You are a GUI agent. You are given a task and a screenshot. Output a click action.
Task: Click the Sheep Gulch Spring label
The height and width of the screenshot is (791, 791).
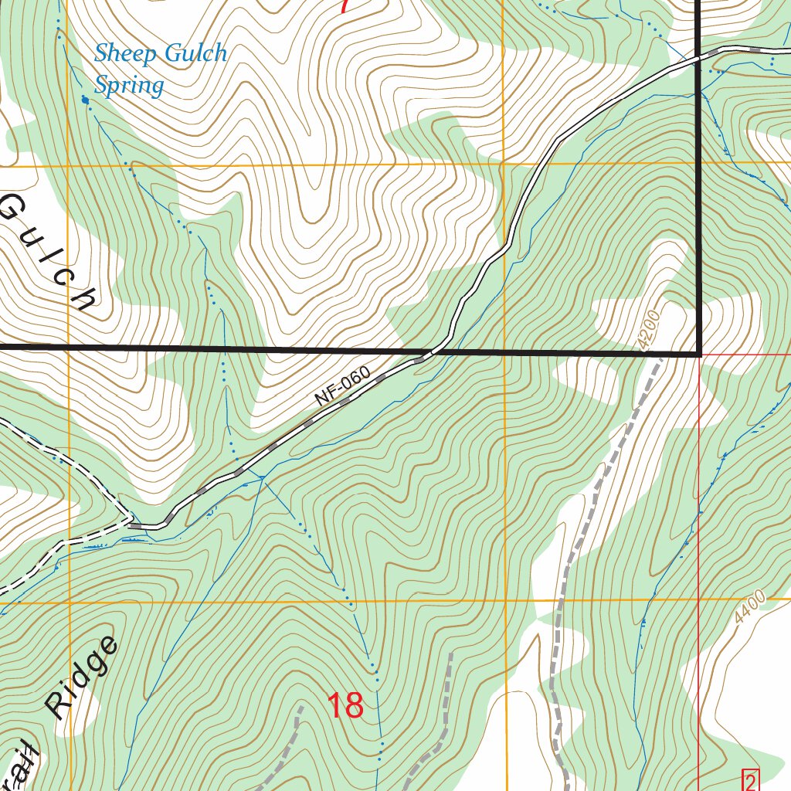(x=160, y=68)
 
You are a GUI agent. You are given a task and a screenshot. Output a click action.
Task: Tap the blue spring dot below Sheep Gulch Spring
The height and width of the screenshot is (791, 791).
(x=85, y=99)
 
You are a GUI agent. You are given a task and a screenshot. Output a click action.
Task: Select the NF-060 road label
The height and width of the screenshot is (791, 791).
(x=344, y=388)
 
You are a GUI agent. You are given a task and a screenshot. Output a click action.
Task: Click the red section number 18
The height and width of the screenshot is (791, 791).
(x=345, y=705)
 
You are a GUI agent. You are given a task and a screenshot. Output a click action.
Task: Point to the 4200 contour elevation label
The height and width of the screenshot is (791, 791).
(x=650, y=331)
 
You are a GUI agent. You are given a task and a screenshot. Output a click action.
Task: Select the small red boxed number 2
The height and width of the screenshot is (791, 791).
(x=750, y=779)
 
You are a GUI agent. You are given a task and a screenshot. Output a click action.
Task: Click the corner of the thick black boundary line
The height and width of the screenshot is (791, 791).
(x=699, y=355)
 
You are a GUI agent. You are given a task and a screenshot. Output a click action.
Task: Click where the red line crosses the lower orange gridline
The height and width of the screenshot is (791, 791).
(x=699, y=599)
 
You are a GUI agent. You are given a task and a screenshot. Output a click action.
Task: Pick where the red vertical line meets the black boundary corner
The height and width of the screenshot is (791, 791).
(x=699, y=355)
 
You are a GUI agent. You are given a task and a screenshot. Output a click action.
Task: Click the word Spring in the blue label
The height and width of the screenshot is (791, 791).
(x=129, y=86)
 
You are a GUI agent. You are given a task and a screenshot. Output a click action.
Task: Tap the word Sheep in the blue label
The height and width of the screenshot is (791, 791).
(x=126, y=53)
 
